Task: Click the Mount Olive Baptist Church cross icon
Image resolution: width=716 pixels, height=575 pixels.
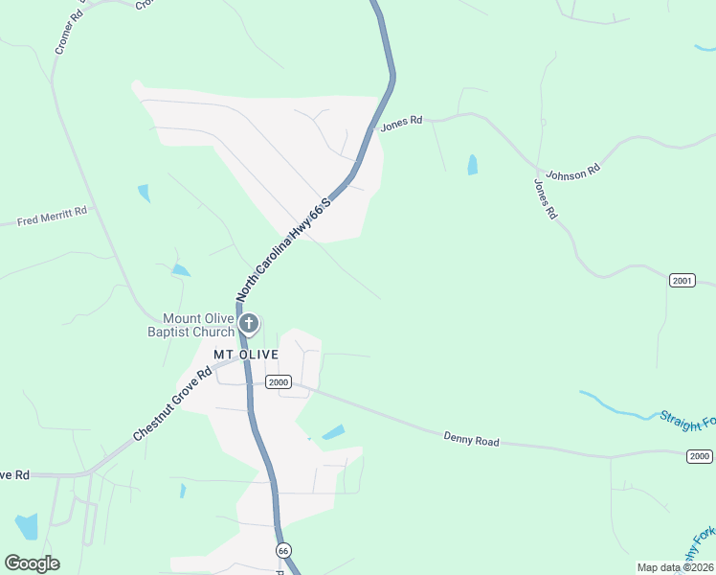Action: point(248,323)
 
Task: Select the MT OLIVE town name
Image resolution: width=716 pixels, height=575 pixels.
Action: point(245,355)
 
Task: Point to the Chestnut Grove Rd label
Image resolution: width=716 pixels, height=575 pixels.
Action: point(171,405)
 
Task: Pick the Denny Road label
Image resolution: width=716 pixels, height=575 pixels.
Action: point(471,440)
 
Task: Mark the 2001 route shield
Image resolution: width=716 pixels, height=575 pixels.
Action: point(681,281)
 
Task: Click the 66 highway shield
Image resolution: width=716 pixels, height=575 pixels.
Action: point(282,550)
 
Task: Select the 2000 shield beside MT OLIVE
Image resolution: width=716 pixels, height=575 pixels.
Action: point(278,382)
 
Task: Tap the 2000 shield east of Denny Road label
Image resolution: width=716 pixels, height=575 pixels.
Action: point(700,456)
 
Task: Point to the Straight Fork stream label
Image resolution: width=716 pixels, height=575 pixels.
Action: point(686,421)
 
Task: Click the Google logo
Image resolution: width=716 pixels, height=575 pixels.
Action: point(32,563)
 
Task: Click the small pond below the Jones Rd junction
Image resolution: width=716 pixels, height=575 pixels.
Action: point(472,165)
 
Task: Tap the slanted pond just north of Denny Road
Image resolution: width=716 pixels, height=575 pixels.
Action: point(333,432)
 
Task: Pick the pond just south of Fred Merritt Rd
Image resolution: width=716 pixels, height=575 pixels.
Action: point(144,193)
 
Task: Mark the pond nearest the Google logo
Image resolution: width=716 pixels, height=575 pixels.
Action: point(27,526)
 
